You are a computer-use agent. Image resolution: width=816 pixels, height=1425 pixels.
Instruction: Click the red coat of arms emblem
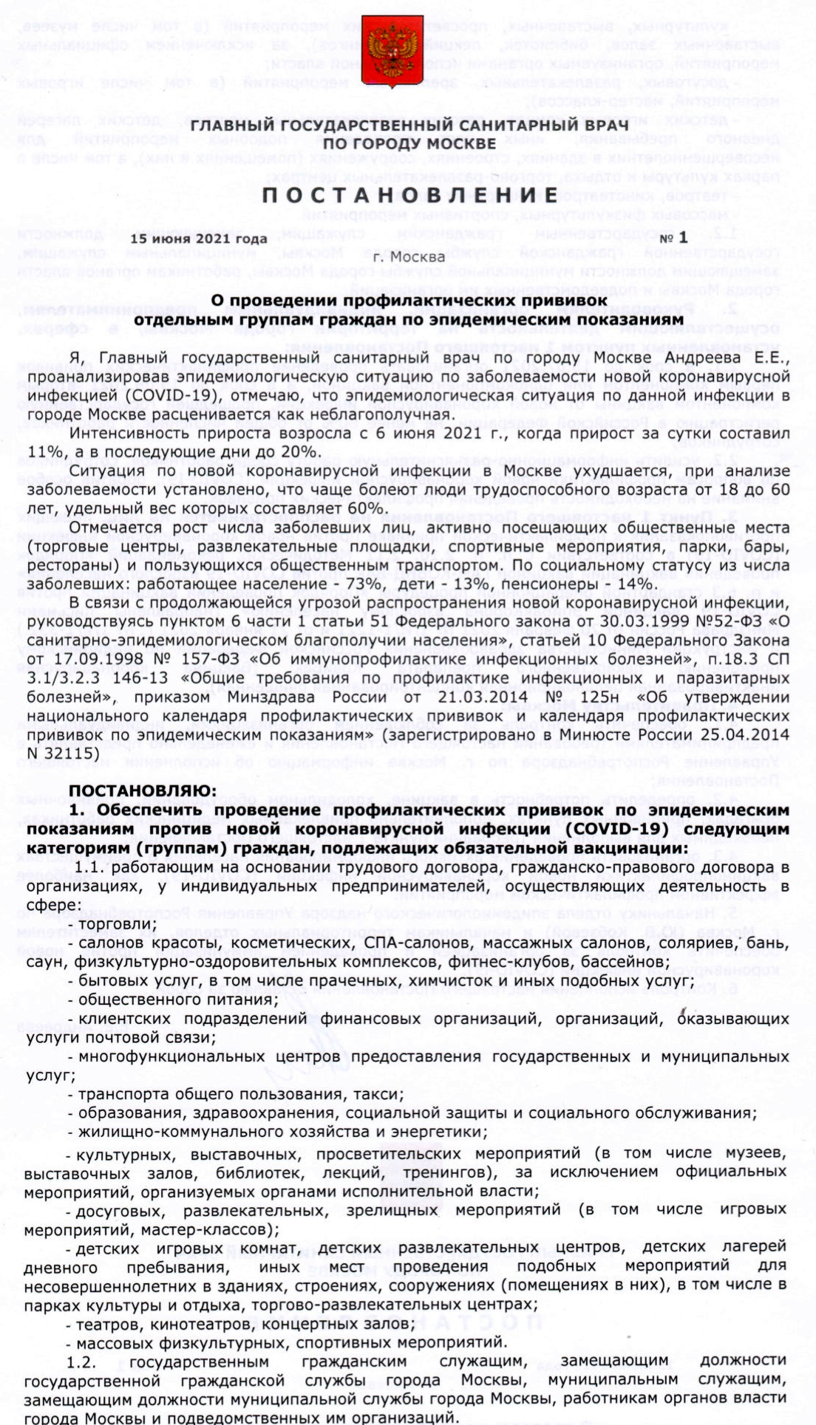click(x=392, y=52)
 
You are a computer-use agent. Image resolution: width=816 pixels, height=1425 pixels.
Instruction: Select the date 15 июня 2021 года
click(x=199, y=239)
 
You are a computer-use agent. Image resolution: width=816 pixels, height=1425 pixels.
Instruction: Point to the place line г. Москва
click(x=409, y=257)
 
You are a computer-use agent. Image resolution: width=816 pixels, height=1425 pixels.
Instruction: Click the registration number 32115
click(x=70, y=753)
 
